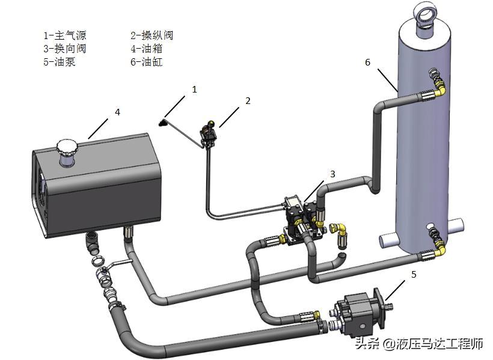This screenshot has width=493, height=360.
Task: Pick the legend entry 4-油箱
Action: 147,48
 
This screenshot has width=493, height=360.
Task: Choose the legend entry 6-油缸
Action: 147,61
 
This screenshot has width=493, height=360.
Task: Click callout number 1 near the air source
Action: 194,89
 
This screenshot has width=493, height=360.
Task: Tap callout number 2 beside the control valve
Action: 247,101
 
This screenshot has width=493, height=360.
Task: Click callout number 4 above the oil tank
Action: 118,112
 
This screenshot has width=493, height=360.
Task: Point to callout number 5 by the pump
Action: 413,274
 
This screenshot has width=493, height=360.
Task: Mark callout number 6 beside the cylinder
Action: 368,61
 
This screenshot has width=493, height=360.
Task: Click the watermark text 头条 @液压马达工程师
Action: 419,344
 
